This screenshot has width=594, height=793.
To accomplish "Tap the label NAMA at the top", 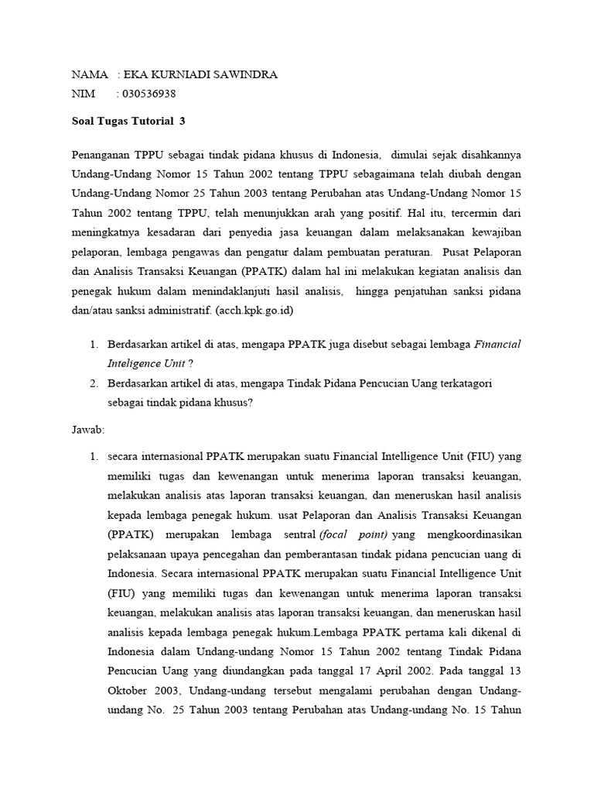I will click(x=90, y=74).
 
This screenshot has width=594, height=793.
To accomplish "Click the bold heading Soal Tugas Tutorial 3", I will click(x=128, y=122).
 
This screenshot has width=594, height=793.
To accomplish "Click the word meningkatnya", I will click(x=106, y=231).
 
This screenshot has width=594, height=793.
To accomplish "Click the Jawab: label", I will click(x=88, y=428).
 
